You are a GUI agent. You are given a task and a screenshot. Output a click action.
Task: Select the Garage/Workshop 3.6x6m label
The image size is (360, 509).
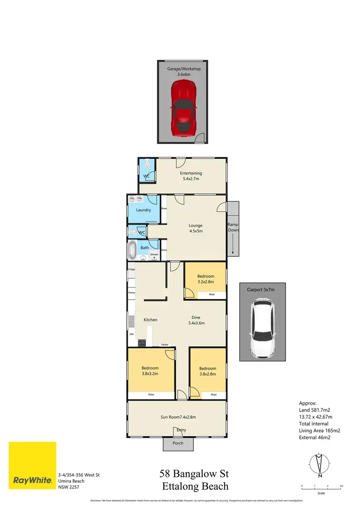pyautogui.click(x=184, y=72)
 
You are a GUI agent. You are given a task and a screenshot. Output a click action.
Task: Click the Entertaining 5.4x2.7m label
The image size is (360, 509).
pyautogui.click(x=191, y=176)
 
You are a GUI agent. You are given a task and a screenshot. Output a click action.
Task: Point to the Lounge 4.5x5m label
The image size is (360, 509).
pyautogui.click(x=195, y=228)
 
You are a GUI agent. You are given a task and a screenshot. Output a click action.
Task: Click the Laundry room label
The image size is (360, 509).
pyautogui.click(x=144, y=210)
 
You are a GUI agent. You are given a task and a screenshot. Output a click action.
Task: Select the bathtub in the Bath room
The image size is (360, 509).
pyautogui.click(x=132, y=250)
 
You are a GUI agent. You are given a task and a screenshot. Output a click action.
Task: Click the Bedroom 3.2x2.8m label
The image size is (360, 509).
pyautogui.click(x=205, y=279)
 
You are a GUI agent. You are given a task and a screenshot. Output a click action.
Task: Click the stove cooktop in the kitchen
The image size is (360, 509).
pyautogui.click(x=142, y=343)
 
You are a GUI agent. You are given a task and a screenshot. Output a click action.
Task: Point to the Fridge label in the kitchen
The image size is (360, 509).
pyautogui.click(x=132, y=269)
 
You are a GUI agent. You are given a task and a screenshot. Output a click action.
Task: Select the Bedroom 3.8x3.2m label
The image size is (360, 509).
pyautogui.click(x=150, y=370)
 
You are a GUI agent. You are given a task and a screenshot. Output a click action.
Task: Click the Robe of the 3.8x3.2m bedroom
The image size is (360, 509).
pyautogui.click(x=151, y=394)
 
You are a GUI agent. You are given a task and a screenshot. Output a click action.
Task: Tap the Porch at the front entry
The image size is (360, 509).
pyautogui.click(x=178, y=443)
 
